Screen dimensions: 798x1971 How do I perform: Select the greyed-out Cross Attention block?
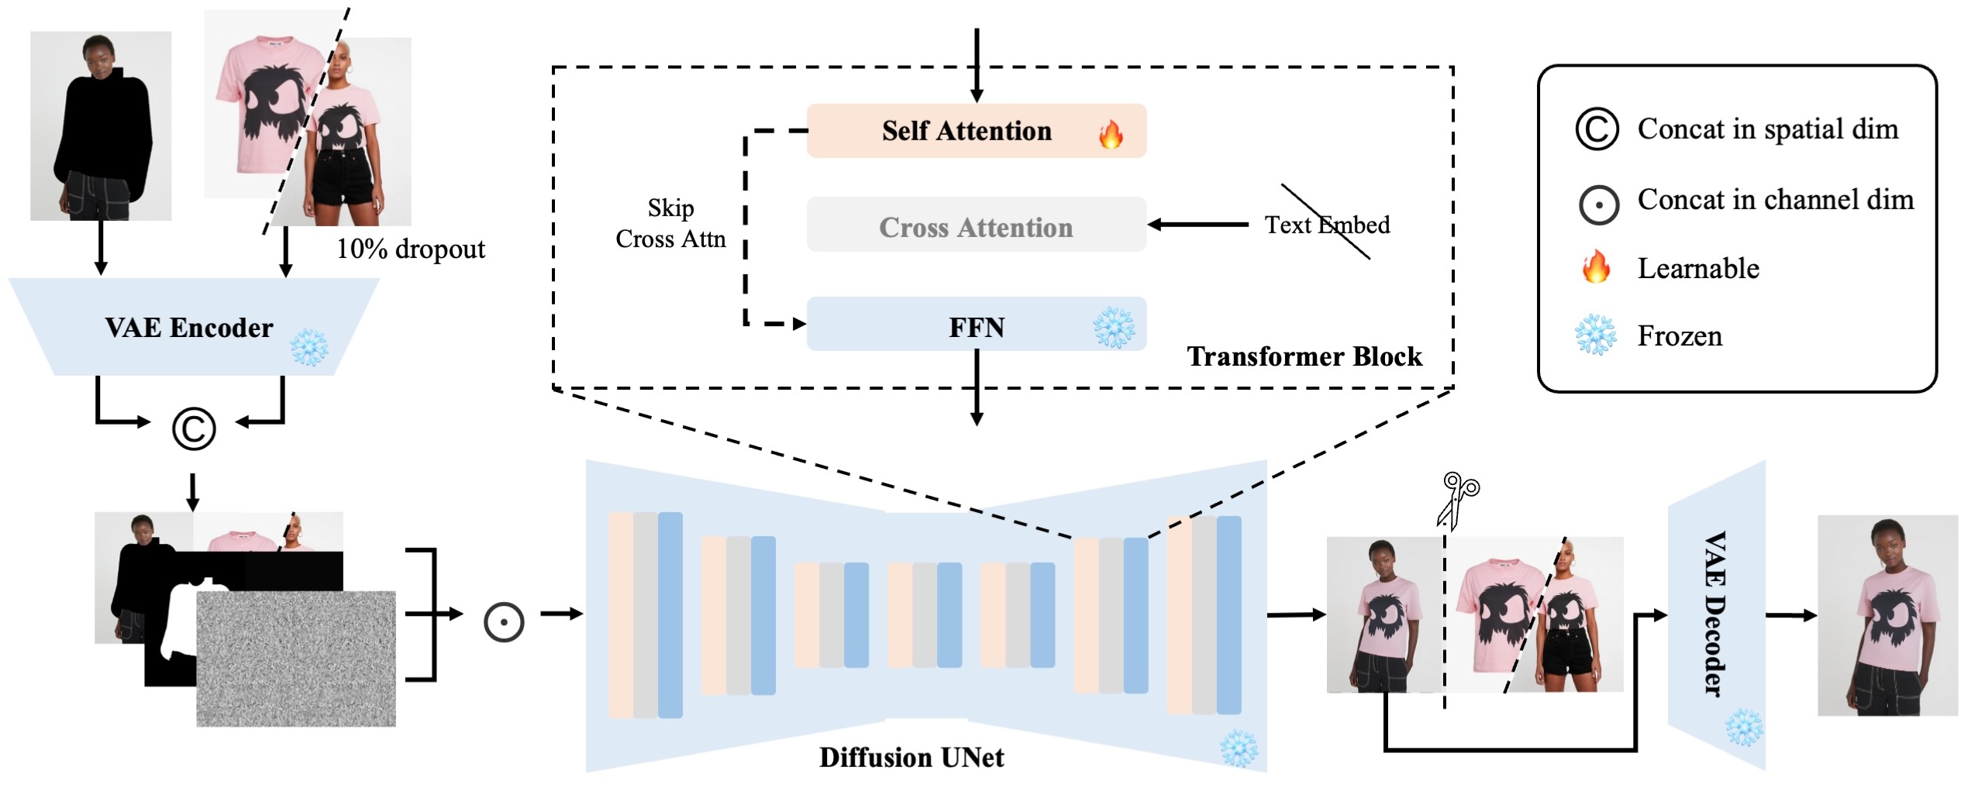975,227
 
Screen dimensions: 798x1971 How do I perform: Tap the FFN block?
975,327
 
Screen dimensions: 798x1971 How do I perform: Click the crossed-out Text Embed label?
1327,225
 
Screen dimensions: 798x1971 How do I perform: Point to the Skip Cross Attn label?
670,223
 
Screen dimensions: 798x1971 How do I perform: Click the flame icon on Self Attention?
1111,134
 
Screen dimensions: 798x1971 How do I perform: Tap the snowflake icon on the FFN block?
1114,328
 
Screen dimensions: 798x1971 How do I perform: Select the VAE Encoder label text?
189,328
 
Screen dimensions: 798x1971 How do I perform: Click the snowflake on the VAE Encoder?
309,347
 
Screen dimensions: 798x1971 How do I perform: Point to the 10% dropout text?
410,249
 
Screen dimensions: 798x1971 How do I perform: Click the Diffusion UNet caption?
911,757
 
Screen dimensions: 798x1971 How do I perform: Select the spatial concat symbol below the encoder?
194,428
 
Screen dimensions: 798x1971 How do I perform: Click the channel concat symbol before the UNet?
504,622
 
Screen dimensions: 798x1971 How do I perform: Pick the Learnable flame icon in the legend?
1596,267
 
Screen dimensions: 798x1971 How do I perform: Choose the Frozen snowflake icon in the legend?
1596,335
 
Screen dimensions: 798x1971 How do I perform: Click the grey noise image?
296,659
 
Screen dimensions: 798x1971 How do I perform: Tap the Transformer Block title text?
1304,356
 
